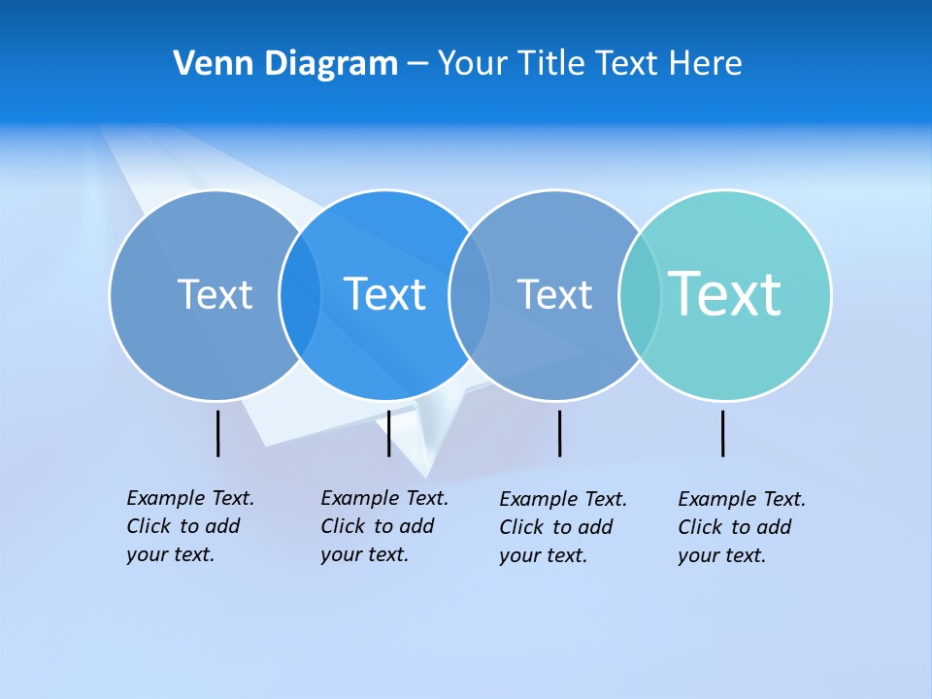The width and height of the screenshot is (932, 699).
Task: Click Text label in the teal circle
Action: point(724,293)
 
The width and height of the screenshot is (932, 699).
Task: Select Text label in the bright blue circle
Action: point(384,294)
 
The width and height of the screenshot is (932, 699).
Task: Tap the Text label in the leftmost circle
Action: point(215,294)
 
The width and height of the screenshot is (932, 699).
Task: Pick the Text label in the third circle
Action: point(554,294)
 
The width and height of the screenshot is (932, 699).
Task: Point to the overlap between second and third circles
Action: point(470,295)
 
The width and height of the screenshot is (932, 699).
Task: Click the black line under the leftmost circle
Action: point(218,433)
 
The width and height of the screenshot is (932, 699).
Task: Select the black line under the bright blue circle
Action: point(388,433)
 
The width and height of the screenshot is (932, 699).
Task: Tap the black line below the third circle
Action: point(560,433)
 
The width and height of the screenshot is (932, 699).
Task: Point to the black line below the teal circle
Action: point(723,433)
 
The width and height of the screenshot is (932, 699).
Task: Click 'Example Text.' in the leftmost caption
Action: point(190,498)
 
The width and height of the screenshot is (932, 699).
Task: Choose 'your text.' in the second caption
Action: point(365,554)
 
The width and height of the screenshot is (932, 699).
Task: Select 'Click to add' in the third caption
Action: point(556,527)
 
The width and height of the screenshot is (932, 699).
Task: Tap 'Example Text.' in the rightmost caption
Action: point(742,499)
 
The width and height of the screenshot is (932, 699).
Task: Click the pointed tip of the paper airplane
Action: point(426,475)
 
